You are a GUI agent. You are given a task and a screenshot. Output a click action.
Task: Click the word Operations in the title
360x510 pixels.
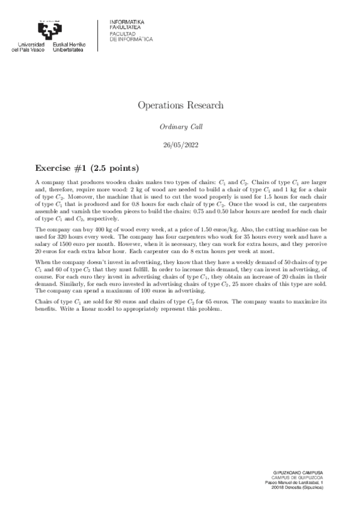point(159,105)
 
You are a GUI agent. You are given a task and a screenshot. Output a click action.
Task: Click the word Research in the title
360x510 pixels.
point(202,105)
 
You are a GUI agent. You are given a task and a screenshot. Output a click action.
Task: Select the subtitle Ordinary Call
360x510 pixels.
point(180,127)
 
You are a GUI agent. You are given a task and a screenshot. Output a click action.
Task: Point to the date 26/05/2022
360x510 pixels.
point(180,145)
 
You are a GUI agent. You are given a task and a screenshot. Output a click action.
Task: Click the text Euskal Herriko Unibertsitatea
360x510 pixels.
point(70,47)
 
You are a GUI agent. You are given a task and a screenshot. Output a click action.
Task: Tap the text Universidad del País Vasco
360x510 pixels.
point(32,47)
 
